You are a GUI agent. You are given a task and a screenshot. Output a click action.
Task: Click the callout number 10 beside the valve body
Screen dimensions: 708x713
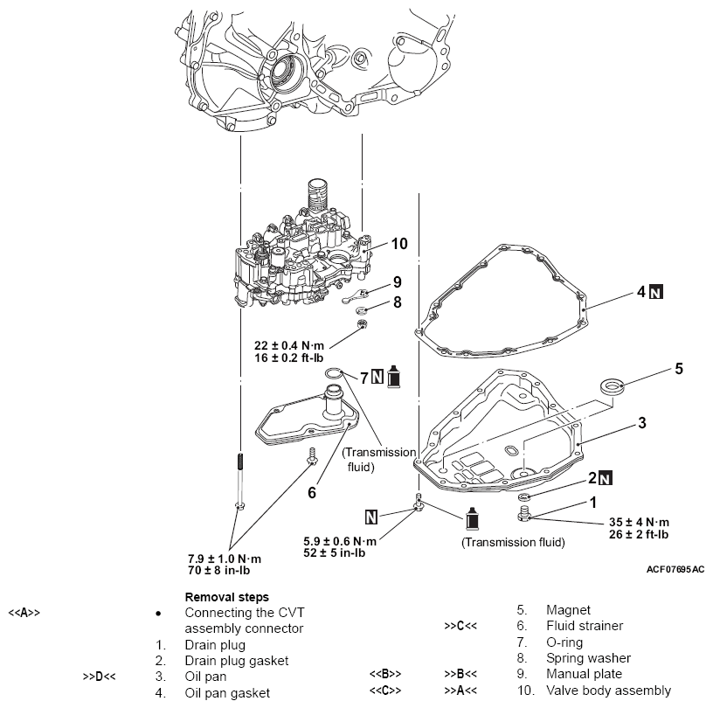[x=399, y=244]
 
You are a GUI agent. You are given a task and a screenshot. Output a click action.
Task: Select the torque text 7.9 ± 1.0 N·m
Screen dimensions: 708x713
[x=225, y=558]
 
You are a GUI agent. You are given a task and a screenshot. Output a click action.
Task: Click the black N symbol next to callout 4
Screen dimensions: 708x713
[x=654, y=292]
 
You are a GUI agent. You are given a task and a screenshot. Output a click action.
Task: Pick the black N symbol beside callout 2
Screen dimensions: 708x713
[x=606, y=478]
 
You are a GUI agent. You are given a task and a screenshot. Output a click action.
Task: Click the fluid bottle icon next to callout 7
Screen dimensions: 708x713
[x=393, y=378]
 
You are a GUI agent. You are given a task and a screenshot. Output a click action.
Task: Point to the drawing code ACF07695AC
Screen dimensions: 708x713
[x=675, y=569]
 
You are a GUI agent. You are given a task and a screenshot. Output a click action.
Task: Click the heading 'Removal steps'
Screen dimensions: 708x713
[x=226, y=597]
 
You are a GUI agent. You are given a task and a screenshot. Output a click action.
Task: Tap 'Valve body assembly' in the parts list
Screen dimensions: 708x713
[x=608, y=691]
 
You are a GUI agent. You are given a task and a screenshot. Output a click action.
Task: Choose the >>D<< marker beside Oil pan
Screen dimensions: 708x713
[x=100, y=676]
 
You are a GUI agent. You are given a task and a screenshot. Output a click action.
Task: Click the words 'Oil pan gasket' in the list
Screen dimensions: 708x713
[x=226, y=692]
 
